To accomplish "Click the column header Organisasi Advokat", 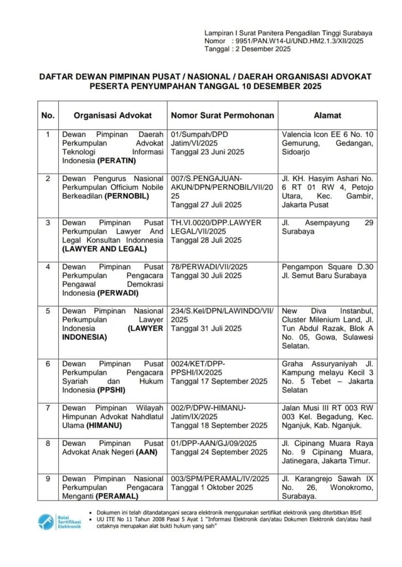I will click(x=114, y=116).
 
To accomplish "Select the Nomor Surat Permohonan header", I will click(x=222, y=116).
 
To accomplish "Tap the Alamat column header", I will click(x=327, y=116).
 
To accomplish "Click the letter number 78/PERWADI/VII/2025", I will click(x=209, y=266).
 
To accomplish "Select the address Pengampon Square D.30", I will click(x=323, y=266).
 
